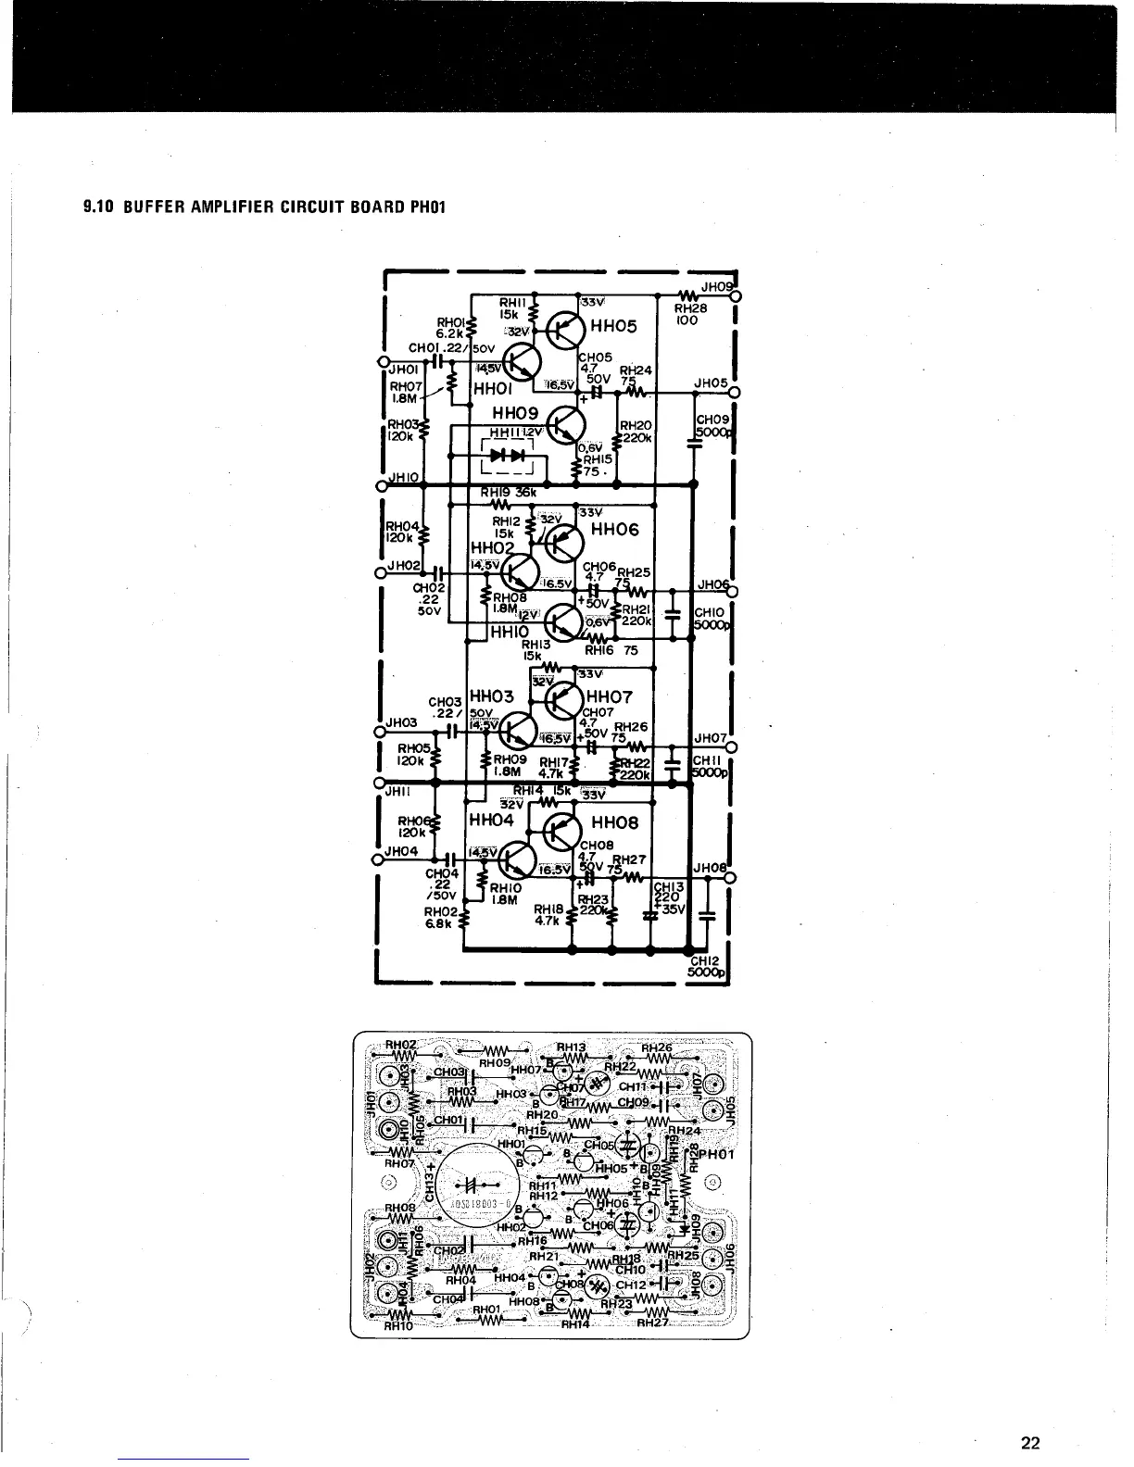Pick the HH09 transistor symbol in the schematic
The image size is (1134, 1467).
[564, 426]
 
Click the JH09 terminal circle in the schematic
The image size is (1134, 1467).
[737, 297]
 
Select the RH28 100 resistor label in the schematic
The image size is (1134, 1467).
[689, 314]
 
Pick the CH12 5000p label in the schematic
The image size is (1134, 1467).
[711, 967]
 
